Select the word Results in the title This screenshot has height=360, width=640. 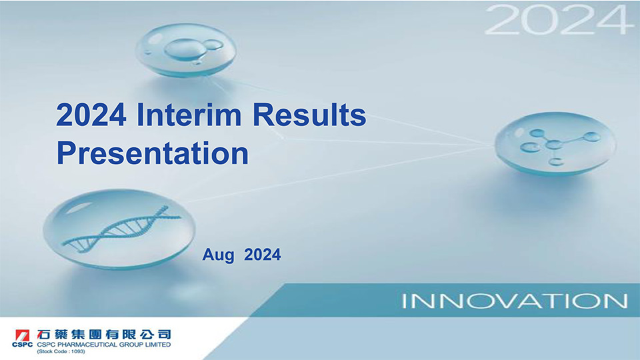(x=309, y=115)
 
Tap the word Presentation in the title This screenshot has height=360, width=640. (x=153, y=153)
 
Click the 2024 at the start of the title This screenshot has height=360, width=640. (x=91, y=115)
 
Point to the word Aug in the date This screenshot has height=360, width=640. (x=219, y=255)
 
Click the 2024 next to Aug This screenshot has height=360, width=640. (x=263, y=254)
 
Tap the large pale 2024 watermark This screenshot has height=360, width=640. (x=556, y=19)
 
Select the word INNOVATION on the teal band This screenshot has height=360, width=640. (x=514, y=301)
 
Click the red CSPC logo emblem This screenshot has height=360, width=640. (x=22, y=335)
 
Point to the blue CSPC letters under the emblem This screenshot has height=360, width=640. (x=22, y=345)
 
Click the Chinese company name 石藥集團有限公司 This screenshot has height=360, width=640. (x=104, y=334)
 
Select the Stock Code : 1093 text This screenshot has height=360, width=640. (x=61, y=351)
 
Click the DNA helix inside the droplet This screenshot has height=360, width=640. (x=121, y=228)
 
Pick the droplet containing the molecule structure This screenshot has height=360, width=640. (x=555, y=143)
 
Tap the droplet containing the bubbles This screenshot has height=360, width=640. (x=186, y=50)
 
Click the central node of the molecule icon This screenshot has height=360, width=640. (x=554, y=145)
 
